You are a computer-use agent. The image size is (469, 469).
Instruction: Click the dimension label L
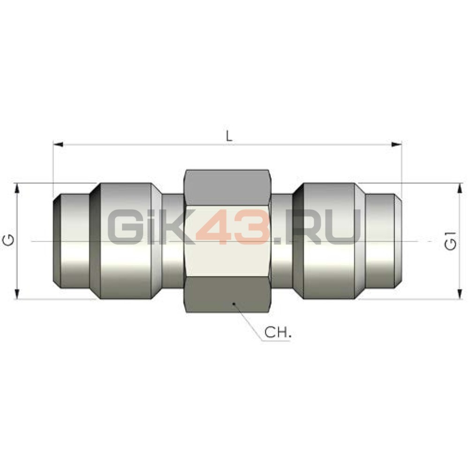[x=229, y=136]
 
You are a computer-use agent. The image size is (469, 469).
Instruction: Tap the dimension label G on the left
[x=9, y=240]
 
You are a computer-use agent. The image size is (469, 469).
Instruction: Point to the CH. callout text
[x=278, y=332]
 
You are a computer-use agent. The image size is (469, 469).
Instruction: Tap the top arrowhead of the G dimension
[x=17, y=189]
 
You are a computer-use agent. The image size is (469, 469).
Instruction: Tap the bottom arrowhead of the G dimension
[x=17, y=294]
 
